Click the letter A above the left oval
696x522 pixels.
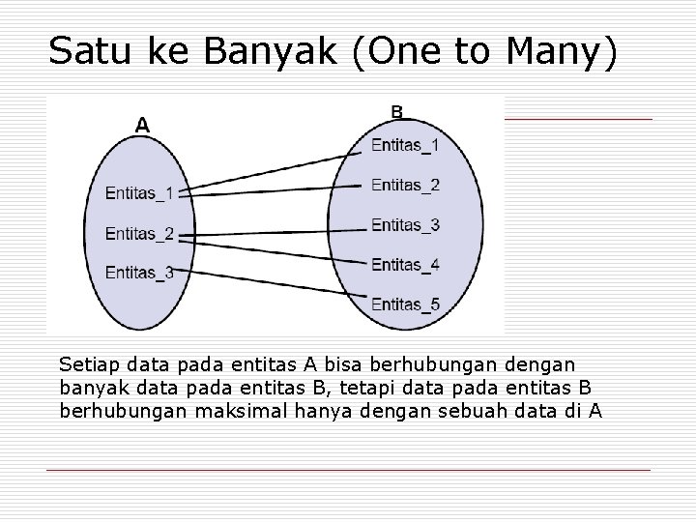click(142, 125)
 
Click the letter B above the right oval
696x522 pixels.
click(397, 111)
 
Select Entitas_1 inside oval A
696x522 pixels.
click(140, 193)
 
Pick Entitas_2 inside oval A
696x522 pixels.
click(140, 233)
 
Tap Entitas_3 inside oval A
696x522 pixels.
click(140, 273)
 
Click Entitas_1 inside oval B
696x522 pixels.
click(405, 146)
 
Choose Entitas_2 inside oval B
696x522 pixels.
click(405, 185)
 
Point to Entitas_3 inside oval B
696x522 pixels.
click(405, 225)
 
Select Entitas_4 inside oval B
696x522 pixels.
click(405, 264)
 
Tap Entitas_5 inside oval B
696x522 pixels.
click(405, 304)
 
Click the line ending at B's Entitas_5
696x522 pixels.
click(280, 271)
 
